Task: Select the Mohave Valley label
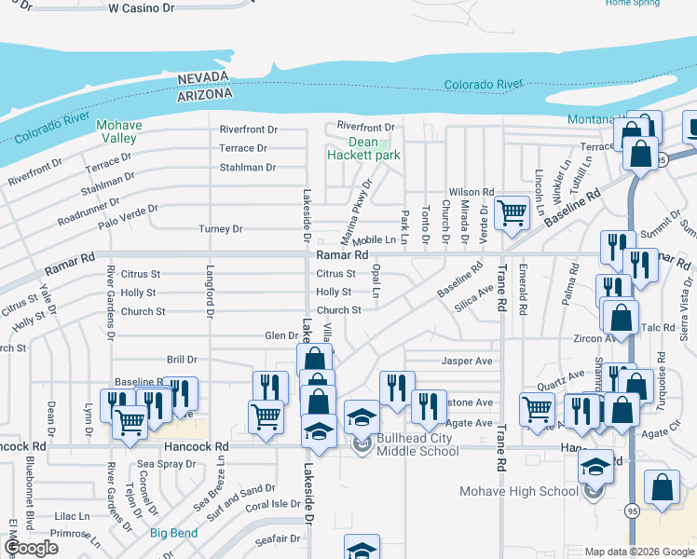pos(119,131)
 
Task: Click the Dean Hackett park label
pos(363,149)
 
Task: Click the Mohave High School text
pos(519,492)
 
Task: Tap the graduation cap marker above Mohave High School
pos(594,466)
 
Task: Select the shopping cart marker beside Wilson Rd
pos(512,212)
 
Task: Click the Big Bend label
pos(172,534)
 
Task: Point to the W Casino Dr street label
pos(142,7)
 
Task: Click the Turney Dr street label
pos(220,229)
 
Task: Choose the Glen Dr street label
pos(280,336)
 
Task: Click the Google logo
pos(31,549)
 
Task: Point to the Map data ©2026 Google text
pos(638,552)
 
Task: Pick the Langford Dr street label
pos(210,297)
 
